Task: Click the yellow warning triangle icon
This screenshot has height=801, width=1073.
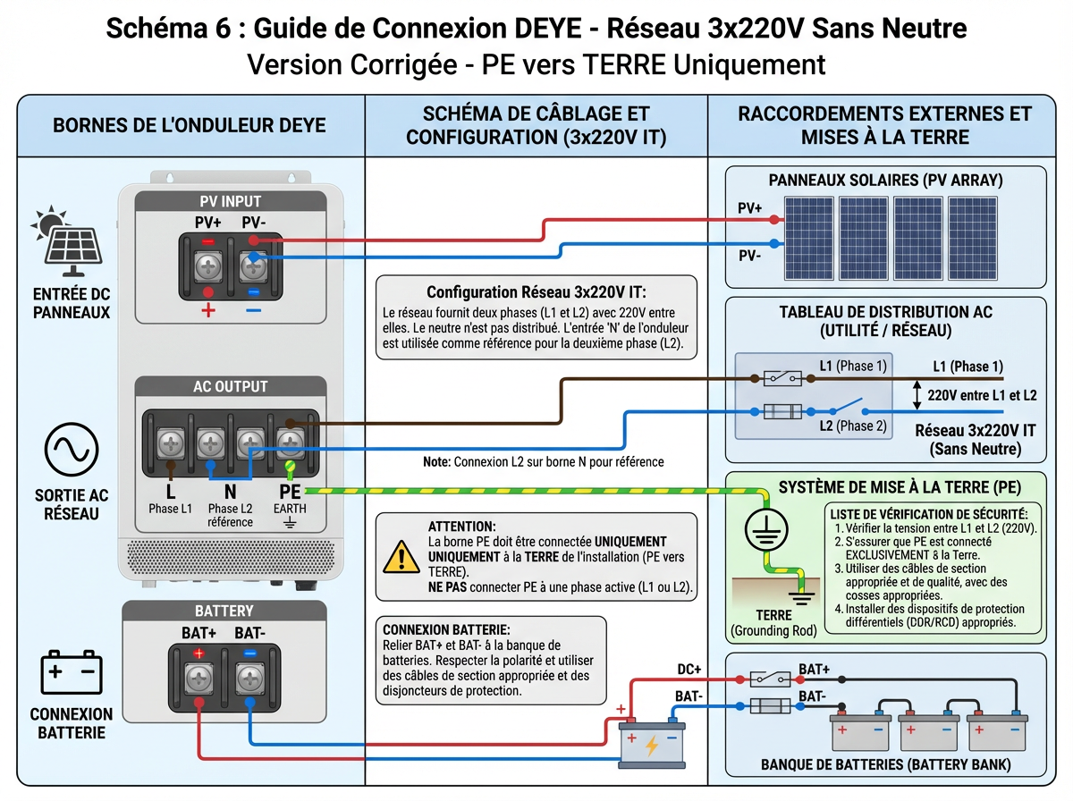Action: (x=401, y=555)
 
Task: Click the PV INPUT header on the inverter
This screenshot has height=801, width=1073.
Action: (x=230, y=202)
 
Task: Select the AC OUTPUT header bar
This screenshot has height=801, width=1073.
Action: (x=230, y=386)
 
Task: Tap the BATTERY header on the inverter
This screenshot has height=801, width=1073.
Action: (x=224, y=611)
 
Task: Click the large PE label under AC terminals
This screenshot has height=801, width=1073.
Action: (x=290, y=490)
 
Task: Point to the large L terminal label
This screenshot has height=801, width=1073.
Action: (x=170, y=490)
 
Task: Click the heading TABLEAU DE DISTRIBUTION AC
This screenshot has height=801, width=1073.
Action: (x=884, y=312)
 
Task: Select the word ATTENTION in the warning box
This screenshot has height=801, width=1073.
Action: (x=461, y=527)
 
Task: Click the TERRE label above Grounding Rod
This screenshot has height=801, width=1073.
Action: (x=773, y=615)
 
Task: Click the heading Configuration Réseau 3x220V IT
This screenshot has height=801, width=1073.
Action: (x=535, y=292)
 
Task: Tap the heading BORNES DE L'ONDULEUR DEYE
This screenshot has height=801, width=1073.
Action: (x=190, y=124)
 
